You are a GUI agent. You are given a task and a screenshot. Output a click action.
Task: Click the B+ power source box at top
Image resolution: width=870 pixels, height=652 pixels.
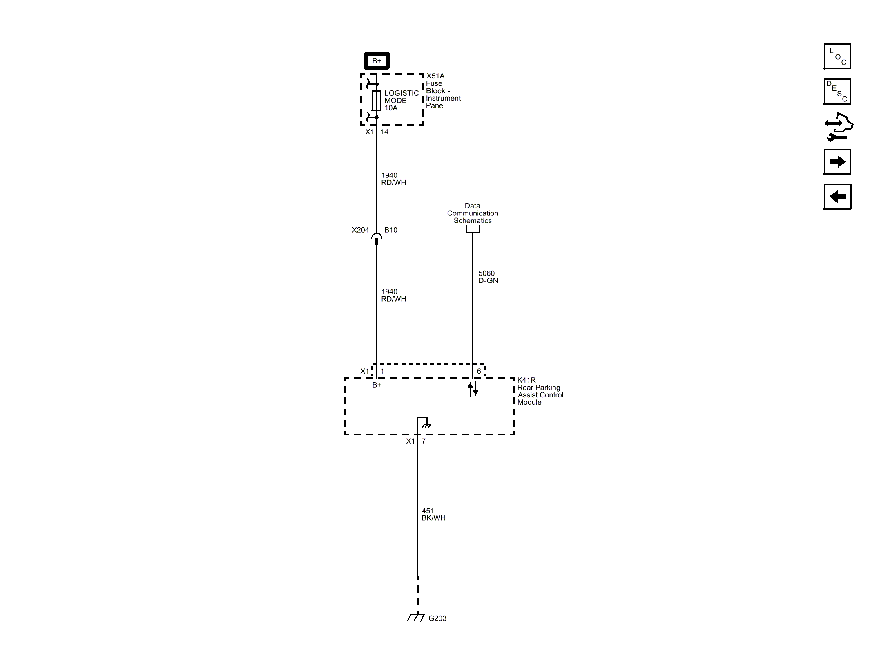[x=376, y=61]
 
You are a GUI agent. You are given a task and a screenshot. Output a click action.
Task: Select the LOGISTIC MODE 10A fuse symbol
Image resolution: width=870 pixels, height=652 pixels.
[x=376, y=101]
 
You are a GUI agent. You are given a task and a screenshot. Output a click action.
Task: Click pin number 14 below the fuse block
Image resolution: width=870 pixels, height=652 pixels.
[x=384, y=132]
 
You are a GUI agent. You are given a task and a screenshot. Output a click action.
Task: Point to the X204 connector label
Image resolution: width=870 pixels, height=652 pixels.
[x=360, y=230]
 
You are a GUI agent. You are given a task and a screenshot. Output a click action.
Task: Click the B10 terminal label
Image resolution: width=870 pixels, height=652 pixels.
[x=391, y=230]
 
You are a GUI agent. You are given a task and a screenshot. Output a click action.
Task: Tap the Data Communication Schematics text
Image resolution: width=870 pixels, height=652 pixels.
[x=473, y=213]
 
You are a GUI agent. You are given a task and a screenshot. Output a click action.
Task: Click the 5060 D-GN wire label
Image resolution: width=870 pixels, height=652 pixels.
[x=488, y=277]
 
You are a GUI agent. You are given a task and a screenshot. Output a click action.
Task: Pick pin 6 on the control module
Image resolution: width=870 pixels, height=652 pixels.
[x=479, y=371]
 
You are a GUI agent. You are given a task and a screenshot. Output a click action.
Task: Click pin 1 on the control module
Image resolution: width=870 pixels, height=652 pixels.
[x=382, y=371]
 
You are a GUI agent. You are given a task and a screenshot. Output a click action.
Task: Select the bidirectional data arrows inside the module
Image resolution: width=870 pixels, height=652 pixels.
[x=473, y=389]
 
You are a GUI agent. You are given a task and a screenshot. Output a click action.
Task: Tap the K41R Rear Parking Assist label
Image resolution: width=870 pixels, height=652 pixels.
[x=540, y=391]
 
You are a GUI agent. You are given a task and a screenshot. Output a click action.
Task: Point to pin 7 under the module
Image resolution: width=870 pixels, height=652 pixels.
[x=424, y=441]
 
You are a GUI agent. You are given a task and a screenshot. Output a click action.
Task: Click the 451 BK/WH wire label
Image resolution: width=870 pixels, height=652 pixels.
[x=433, y=514]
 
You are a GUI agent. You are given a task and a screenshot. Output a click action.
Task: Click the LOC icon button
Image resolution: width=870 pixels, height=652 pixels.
[x=837, y=56]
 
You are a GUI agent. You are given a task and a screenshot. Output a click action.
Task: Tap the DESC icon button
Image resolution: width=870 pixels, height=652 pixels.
[x=837, y=92]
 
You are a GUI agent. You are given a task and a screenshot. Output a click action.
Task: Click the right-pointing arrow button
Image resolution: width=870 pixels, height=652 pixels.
[x=837, y=162]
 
